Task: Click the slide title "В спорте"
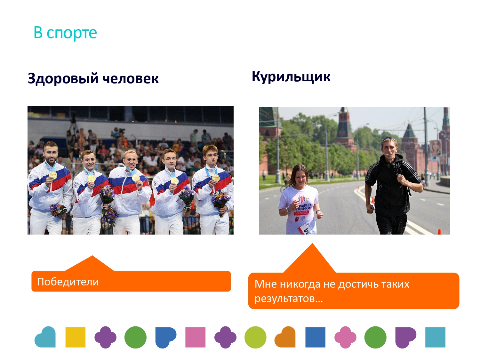click(65, 33)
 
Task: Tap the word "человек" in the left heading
click(130, 78)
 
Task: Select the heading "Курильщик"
click(291, 77)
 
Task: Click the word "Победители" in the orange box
click(68, 282)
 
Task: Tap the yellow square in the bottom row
click(76, 337)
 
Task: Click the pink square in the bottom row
click(195, 337)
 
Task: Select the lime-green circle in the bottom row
click(255, 337)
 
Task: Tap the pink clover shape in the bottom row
click(345, 337)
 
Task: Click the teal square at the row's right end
click(435, 337)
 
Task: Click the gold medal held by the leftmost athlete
click(53, 175)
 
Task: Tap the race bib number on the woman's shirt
click(307, 229)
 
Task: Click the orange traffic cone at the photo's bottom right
click(440, 231)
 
